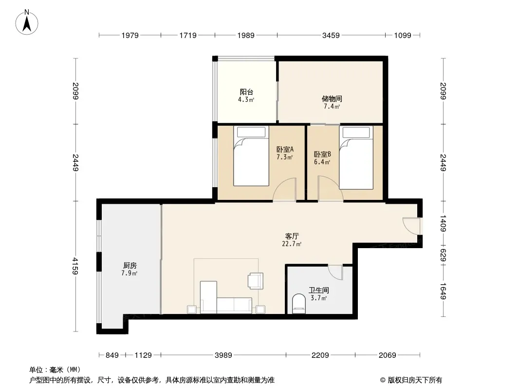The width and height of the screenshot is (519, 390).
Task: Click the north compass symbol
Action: pos(27,22)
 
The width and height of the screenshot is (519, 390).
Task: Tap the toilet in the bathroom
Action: pos(299,304)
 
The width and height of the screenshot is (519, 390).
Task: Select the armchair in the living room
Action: pos(256,281)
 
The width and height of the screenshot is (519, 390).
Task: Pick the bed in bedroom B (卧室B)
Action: pos(356,158)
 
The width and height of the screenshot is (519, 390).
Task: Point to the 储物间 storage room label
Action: pos(332,98)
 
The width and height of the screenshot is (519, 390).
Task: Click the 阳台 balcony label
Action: pos(246,92)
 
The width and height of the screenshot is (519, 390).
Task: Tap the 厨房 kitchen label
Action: pos(130,265)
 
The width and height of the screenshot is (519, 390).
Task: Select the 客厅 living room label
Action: pos(292,236)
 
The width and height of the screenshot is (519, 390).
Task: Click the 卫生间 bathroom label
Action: pos(319,290)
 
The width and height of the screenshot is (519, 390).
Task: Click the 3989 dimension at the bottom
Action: pos(223,355)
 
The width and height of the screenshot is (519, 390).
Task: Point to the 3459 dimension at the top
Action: pos(331,35)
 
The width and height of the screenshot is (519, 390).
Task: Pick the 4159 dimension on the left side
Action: pos(75,266)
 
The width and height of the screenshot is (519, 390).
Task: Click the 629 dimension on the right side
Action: pos(443,255)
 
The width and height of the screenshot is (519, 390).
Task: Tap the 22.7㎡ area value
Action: pos(292,244)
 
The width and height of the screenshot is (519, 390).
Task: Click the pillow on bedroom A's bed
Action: pos(251,132)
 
